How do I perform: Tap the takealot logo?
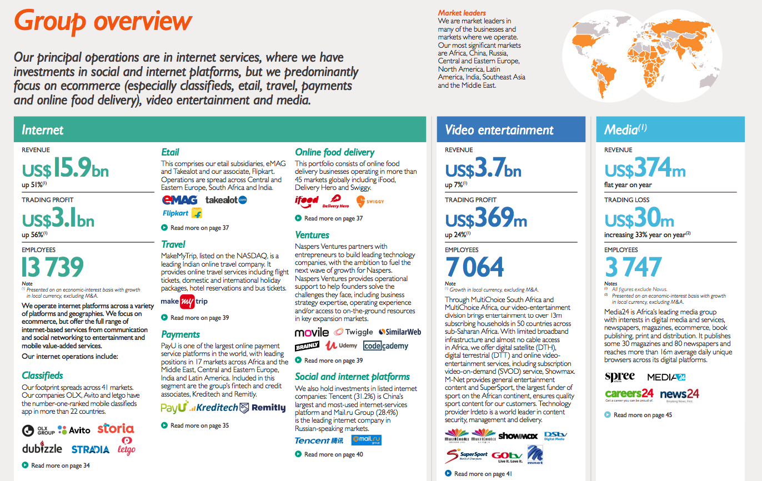pyautogui.click(x=226, y=200)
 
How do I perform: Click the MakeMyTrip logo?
pyautogui.click(x=184, y=302)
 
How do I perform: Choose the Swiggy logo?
pyautogui.click(x=370, y=201)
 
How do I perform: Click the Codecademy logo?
pyautogui.click(x=386, y=345)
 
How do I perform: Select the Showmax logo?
pyautogui.click(x=518, y=436)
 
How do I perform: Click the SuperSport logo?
pyautogui.click(x=467, y=456)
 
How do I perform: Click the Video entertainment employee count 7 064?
pyautogui.click(x=475, y=268)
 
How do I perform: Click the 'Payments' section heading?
pyautogui.click(x=181, y=334)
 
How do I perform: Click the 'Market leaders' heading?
pyautogui.click(x=462, y=13)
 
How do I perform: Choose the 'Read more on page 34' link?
pyautogui.click(x=60, y=465)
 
